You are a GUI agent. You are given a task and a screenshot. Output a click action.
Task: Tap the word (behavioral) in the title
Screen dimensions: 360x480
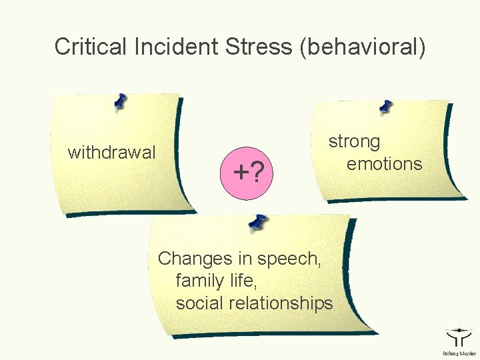tap(363, 47)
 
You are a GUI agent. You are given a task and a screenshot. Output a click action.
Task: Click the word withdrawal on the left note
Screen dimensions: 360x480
tap(112, 153)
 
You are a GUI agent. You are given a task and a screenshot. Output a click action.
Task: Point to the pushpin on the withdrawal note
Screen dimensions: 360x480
tap(120, 101)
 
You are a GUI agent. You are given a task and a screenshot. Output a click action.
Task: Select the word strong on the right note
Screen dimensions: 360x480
tap(354, 142)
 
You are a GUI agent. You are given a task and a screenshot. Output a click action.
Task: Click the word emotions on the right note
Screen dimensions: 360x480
tap(385, 164)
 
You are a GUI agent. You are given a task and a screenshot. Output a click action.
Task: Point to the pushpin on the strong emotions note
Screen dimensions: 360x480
tap(385, 106)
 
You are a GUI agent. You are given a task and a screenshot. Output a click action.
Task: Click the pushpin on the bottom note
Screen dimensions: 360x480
tap(257, 223)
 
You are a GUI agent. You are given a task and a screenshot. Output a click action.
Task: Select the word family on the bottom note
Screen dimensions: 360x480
tap(196, 281)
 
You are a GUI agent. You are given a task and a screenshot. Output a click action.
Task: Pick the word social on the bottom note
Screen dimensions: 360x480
tap(199, 303)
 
